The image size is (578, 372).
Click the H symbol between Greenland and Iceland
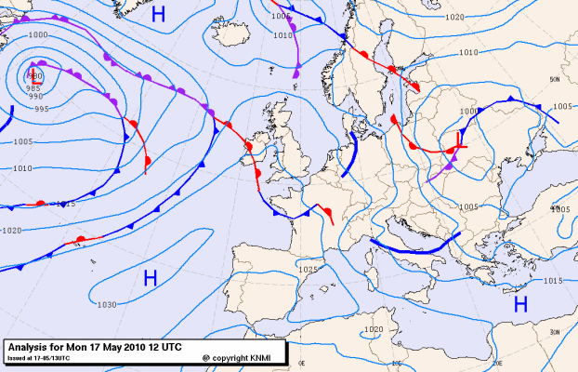click(158, 14)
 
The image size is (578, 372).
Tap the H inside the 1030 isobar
click(149, 277)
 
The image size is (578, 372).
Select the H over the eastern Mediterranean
click(520, 303)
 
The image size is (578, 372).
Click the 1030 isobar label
click(107, 304)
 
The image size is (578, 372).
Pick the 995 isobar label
click(41, 109)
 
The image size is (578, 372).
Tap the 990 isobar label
click(35, 96)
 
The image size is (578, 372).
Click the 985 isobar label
click(33, 88)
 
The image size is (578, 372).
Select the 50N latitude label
click(555, 78)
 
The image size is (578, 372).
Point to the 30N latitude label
click(555, 332)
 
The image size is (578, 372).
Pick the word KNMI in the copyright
click(264, 357)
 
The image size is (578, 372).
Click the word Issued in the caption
click(17, 356)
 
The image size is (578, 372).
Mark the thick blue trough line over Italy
click(414, 247)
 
